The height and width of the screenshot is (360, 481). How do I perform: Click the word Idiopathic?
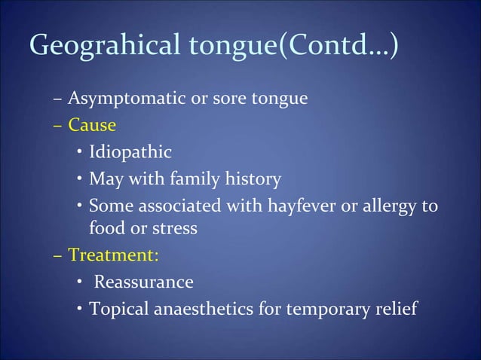click(130, 153)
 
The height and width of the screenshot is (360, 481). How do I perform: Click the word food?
click(106, 227)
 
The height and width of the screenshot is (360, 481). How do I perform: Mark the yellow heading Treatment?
click(113, 255)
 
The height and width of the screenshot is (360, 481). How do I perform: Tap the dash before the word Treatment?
click(59, 255)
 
